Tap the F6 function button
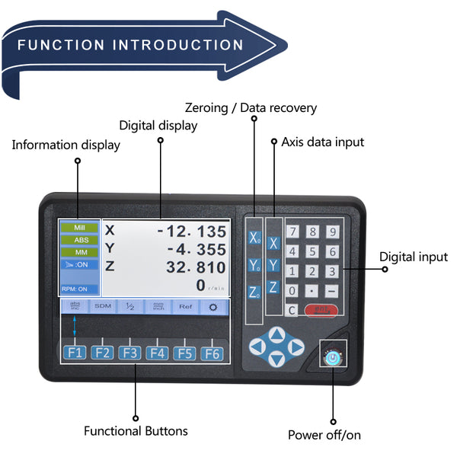[x=210, y=353]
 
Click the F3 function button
[x=129, y=353]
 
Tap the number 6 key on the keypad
[x=332, y=251]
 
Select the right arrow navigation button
[x=297, y=347]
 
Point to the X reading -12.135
[x=191, y=232]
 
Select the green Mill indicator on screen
[x=79, y=228]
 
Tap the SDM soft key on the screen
[x=103, y=306]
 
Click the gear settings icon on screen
[x=211, y=306]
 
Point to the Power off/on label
[x=324, y=435]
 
